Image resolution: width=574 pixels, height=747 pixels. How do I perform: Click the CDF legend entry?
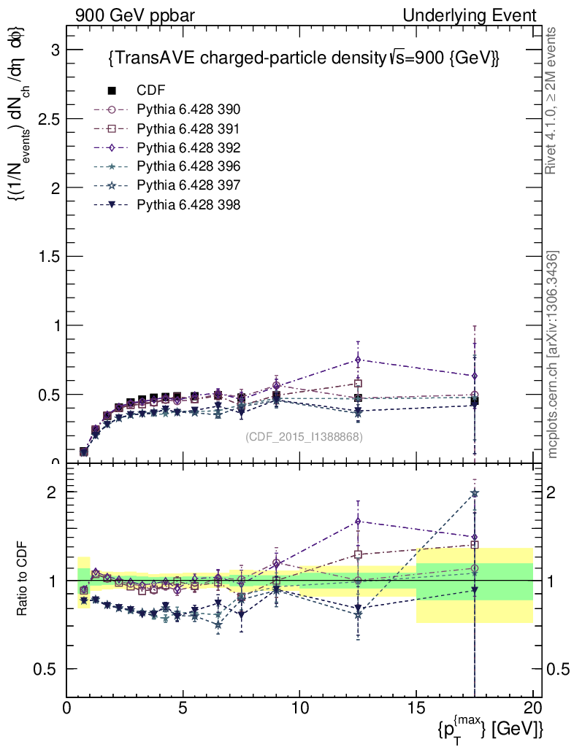click(150, 90)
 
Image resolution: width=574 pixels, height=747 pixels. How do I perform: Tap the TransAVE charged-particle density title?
click(303, 58)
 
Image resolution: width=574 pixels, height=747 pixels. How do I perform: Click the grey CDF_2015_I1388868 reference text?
click(304, 437)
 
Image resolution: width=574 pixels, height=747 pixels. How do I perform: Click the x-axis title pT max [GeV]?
click(490, 728)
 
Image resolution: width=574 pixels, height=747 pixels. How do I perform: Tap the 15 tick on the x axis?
click(416, 708)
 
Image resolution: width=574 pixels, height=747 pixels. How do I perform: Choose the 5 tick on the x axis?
click(183, 708)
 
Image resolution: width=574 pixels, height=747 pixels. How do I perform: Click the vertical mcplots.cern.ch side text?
click(553, 355)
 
